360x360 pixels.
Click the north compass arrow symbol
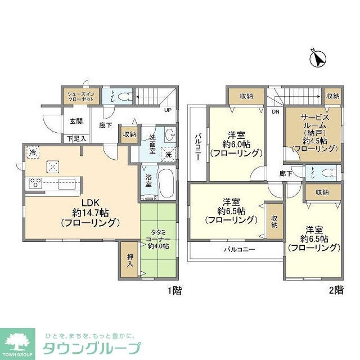pos(319,59)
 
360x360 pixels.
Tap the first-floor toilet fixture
pos(125,96)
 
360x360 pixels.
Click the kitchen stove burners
pos(35,182)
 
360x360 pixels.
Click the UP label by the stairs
pos(168,110)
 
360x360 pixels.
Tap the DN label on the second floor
pos(275,112)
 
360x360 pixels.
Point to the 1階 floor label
pos(174,291)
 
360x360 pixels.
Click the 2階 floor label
pos(336,291)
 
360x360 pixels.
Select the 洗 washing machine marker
pos(167,154)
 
